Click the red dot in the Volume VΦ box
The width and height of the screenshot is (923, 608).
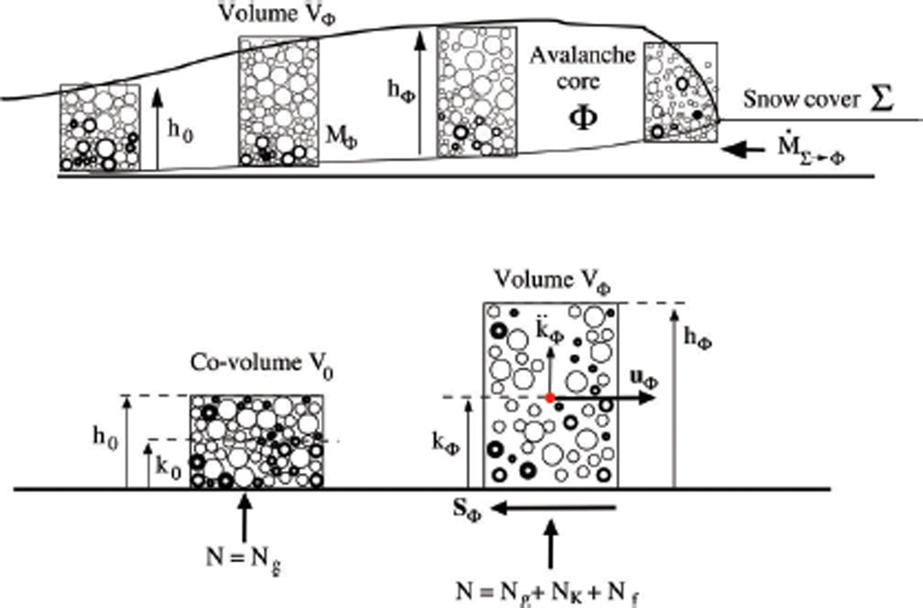549,398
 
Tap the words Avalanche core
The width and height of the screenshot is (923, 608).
581,67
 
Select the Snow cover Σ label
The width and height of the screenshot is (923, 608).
818,99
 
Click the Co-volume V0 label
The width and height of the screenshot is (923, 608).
262,365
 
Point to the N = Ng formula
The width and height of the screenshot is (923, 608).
244,559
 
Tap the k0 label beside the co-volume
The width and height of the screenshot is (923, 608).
168,469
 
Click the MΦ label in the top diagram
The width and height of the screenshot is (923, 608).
342,137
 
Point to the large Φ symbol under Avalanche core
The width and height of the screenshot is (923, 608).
583,117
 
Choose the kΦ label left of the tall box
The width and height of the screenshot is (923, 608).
446,442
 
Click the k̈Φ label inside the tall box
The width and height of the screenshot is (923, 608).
549,332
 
